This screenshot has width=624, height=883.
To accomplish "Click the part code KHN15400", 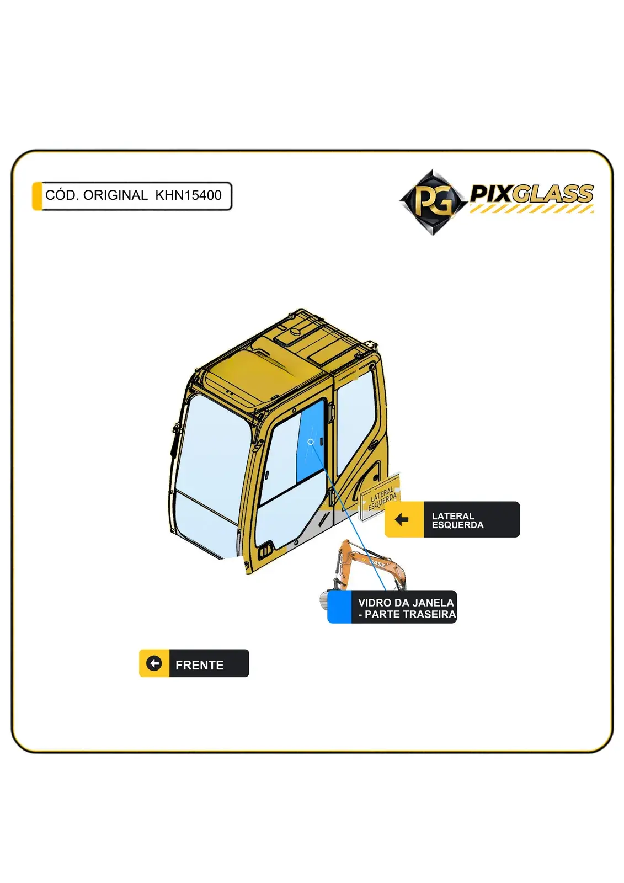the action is (189, 195).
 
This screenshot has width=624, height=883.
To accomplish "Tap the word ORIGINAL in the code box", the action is (115, 195).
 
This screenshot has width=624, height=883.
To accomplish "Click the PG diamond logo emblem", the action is (433, 202).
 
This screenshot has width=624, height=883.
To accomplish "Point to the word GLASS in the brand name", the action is (554, 194).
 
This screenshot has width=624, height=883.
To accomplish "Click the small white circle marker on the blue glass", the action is (311, 442).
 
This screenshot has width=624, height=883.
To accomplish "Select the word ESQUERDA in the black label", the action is (457, 525).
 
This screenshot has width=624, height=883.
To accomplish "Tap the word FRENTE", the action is (200, 666).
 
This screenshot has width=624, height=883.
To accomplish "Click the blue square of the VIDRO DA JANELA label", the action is (339, 607).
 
